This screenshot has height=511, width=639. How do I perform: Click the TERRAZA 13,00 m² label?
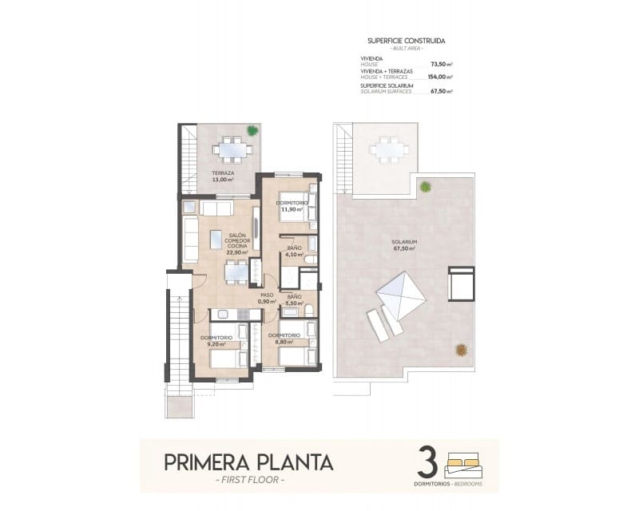[223, 176]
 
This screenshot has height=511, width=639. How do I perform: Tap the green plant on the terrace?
[252, 130]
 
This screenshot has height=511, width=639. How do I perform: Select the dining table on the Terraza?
[232, 148]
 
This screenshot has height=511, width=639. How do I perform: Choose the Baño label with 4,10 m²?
[294, 252]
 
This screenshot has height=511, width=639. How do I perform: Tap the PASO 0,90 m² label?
[267, 298]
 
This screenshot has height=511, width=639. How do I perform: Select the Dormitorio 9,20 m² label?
[216, 341]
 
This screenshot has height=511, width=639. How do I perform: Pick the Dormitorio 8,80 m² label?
[284, 339]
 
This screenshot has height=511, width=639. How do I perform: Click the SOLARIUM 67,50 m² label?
[405, 244]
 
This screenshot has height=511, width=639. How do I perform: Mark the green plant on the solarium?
[426, 187]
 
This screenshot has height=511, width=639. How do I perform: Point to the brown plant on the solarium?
[461, 349]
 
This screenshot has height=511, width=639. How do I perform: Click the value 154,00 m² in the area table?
[440, 77]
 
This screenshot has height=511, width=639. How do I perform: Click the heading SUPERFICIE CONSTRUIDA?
[406, 40]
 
